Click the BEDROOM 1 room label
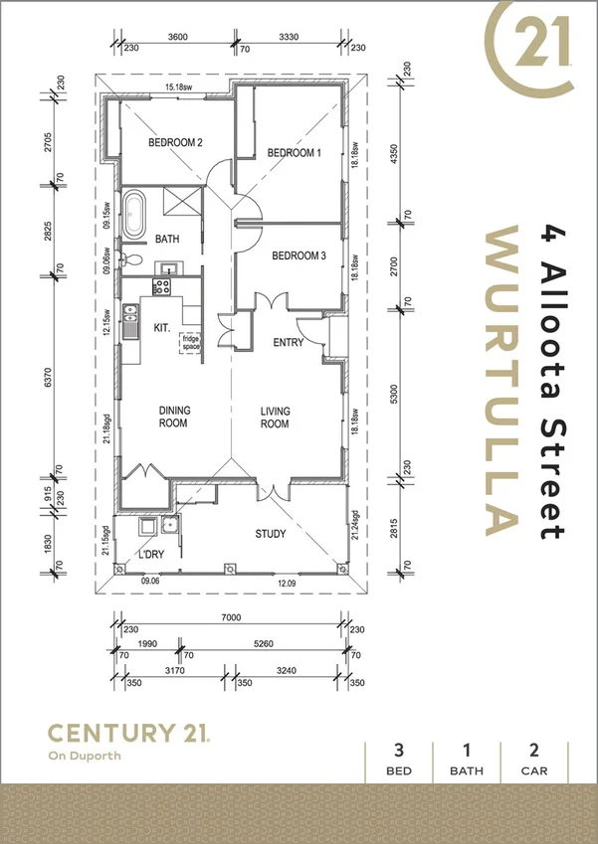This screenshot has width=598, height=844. click(x=295, y=153)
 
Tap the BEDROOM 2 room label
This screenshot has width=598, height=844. click(x=175, y=143)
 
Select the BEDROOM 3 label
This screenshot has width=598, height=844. click(x=299, y=255)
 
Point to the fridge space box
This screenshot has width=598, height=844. click(x=190, y=342)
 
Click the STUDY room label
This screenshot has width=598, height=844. click(x=270, y=534)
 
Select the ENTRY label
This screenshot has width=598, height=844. click(x=289, y=342)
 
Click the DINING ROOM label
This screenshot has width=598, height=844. click(x=174, y=417)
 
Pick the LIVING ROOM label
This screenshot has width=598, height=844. click(x=275, y=417)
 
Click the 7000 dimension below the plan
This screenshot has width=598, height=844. click(x=231, y=617)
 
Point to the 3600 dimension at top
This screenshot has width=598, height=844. click(x=176, y=38)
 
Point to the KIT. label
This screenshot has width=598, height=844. click(x=162, y=327)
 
